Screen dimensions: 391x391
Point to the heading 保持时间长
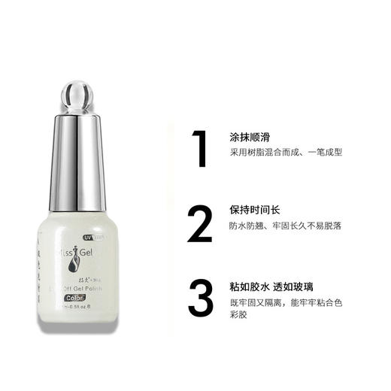256,210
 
